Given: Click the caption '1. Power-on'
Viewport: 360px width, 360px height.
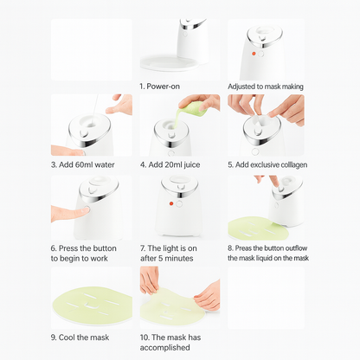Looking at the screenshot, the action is coord(159,87).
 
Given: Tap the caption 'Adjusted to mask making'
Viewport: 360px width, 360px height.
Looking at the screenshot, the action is coord(266,87).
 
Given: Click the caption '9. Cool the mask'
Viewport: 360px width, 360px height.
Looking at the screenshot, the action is coord(80,337).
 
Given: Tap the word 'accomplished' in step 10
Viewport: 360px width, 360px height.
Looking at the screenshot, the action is coord(164,347).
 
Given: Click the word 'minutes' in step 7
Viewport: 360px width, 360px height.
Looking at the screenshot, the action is coord(180,258).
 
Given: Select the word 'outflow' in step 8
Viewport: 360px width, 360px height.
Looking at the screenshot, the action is coord(296,248).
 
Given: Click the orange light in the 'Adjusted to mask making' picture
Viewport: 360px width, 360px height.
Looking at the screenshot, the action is coord(254,54).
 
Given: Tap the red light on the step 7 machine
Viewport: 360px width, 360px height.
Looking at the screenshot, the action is coord(171,203).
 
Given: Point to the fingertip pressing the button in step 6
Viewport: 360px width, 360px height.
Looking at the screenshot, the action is coord(85,209).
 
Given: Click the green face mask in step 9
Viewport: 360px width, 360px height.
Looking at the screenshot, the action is coord(92,302).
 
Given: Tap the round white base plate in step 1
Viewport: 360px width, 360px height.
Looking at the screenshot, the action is coord(170,62).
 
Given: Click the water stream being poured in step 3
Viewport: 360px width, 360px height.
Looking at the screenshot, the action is coord(95,110).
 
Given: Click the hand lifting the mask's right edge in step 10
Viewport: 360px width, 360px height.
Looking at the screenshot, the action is coord(208,295).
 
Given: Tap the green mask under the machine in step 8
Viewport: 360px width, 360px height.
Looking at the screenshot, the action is coord(257,228).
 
